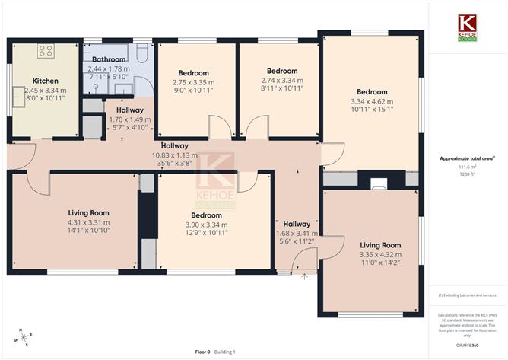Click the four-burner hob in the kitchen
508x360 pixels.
[x=46, y=52]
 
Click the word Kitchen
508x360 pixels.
[x=45, y=81]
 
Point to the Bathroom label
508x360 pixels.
[x=109, y=59]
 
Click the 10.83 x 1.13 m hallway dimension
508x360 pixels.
[x=175, y=156]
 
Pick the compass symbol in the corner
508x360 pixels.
[x=24, y=337]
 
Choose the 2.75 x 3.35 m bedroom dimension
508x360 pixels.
[x=194, y=81]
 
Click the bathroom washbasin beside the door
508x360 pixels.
[x=97, y=87]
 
